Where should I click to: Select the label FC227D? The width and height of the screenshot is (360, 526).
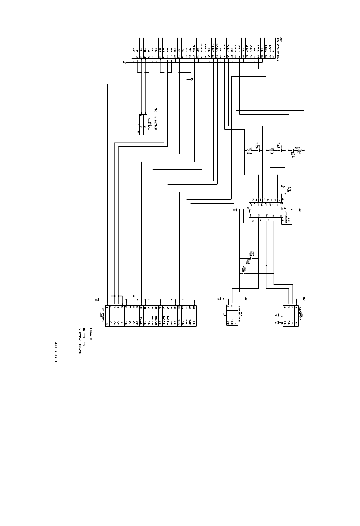point(91,334)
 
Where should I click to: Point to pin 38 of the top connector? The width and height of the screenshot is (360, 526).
point(273,57)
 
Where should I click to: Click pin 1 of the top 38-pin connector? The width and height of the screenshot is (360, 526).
point(133,57)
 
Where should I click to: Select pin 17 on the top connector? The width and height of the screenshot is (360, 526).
point(194,57)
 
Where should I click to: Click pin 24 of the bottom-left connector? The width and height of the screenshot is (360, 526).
point(194,307)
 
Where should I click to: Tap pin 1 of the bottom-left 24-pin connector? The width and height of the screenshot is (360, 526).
point(107,307)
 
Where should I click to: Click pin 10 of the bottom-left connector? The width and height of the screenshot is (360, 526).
point(141,307)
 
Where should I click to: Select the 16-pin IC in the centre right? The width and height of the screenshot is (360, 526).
point(265,210)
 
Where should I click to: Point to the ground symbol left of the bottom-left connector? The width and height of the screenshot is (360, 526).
point(97,300)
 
